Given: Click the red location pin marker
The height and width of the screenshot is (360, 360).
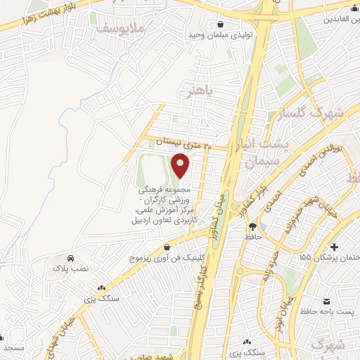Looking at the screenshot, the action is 181,165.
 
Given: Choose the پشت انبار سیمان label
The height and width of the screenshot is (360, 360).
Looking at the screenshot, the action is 269,153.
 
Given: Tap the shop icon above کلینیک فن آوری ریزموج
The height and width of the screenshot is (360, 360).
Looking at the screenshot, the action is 167,247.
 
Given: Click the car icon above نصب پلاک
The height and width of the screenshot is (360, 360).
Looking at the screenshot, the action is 72,258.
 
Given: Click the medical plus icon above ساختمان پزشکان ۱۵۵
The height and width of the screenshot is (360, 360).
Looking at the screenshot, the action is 334,247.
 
